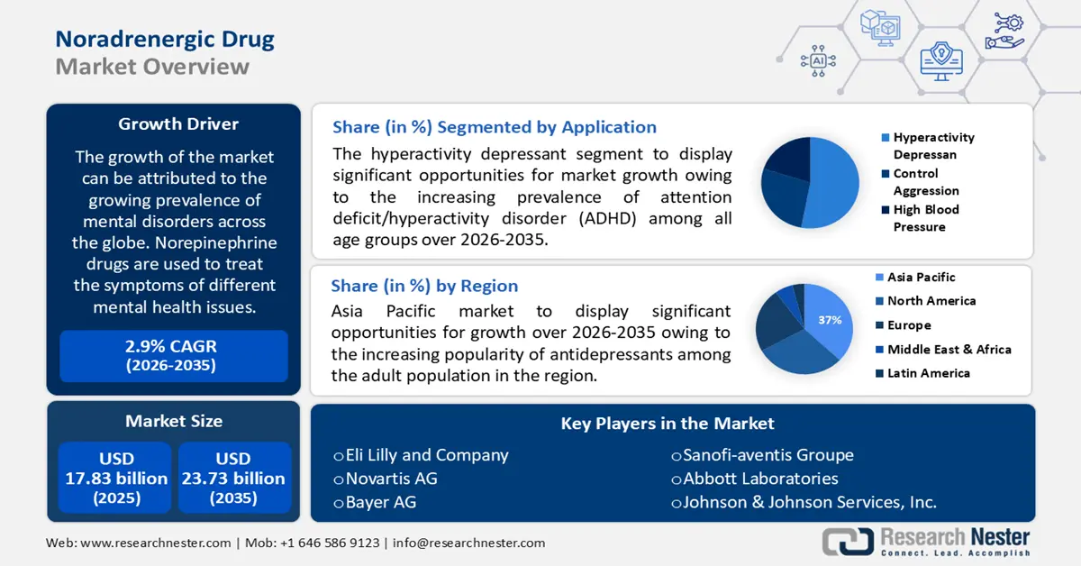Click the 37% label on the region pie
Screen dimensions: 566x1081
pyautogui.click(x=829, y=320)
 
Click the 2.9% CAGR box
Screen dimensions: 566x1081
pyautogui.click(x=171, y=355)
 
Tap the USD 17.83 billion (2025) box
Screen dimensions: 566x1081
pyautogui.click(x=116, y=478)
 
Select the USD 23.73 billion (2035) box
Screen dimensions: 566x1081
pyautogui.click(x=233, y=478)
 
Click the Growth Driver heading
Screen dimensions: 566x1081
pyautogui.click(x=172, y=124)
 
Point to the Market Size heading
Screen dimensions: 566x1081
pyautogui.click(x=173, y=421)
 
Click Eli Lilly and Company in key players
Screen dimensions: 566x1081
pyautogui.click(x=421, y=455)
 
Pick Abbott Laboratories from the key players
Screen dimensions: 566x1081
pyautogui.click(x=754, y=479)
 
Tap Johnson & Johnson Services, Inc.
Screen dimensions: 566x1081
pyautogui.click(x=804, y=502)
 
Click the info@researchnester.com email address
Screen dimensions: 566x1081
pyautogui.click(x=468, y=543)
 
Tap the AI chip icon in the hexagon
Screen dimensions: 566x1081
pyautogui.click(x=818, y=60)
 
